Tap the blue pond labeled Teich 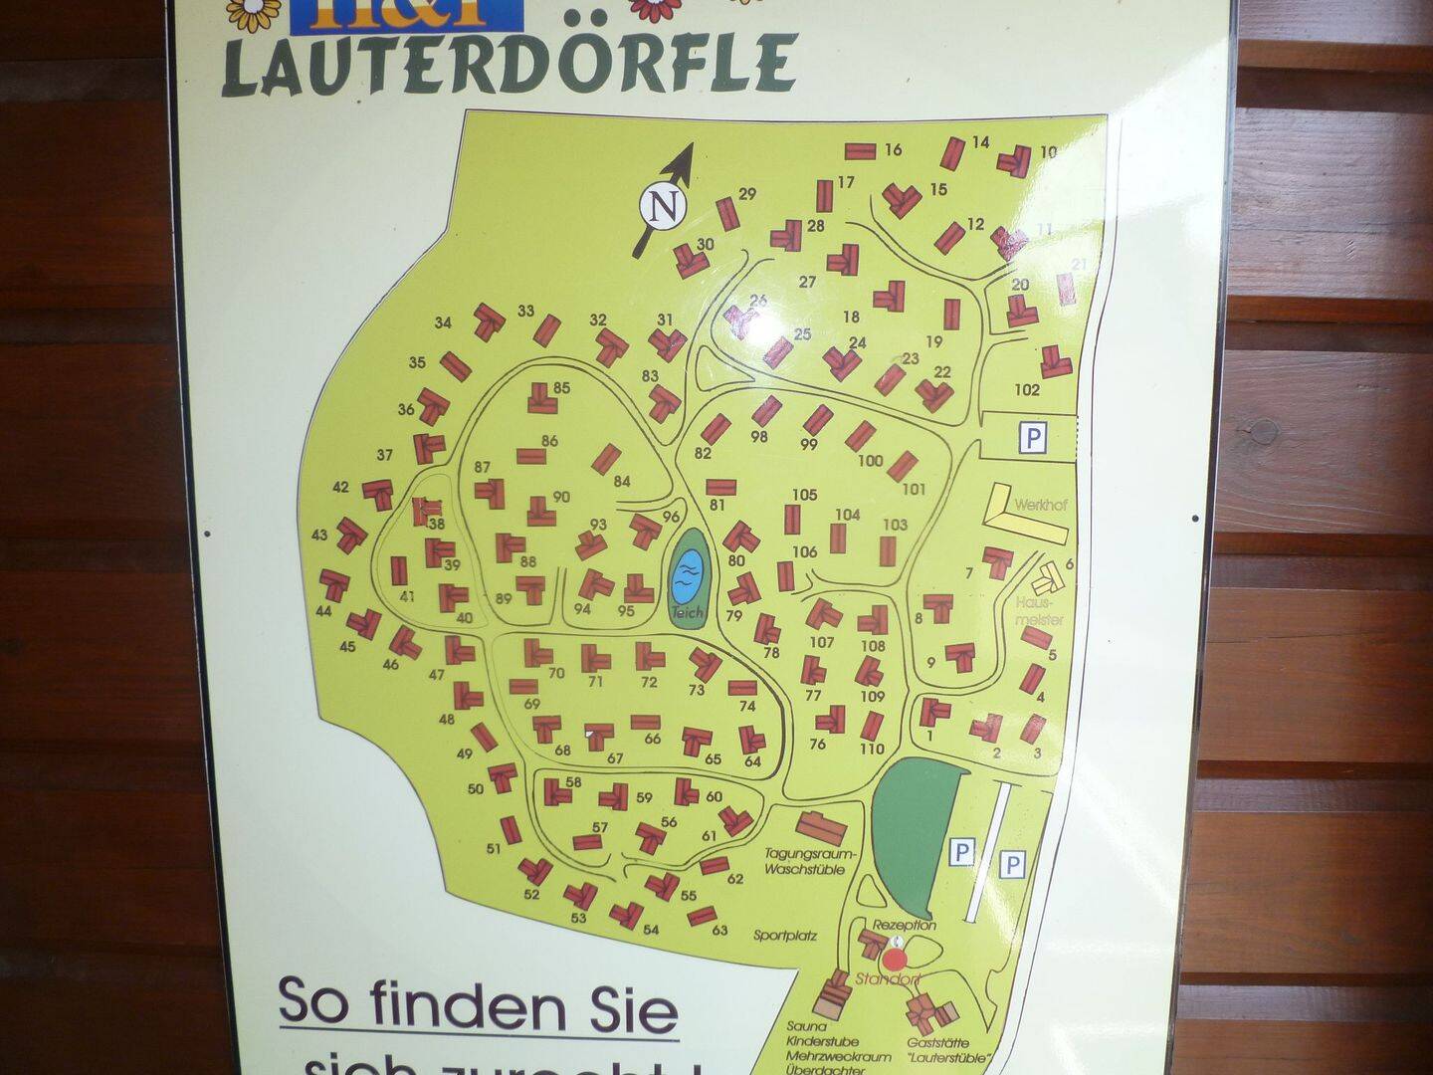[687, 573]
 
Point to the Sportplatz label [785, 936]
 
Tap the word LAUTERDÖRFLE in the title [510, 64]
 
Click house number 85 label [562, 388]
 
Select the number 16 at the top [893, 150]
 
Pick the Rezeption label [905, 925]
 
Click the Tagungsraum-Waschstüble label [805, 861]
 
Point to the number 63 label [719, 931]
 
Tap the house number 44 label [322, 611]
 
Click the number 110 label [872, 749]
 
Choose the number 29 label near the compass [747, 194]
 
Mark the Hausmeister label [1040, 611]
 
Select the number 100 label [870, 460]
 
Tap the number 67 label [615, 758]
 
